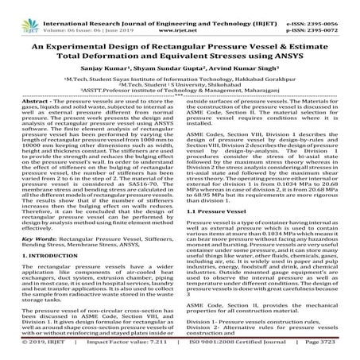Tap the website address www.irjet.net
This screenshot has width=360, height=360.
point(179,16)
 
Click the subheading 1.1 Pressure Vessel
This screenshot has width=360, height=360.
point(220,213)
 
